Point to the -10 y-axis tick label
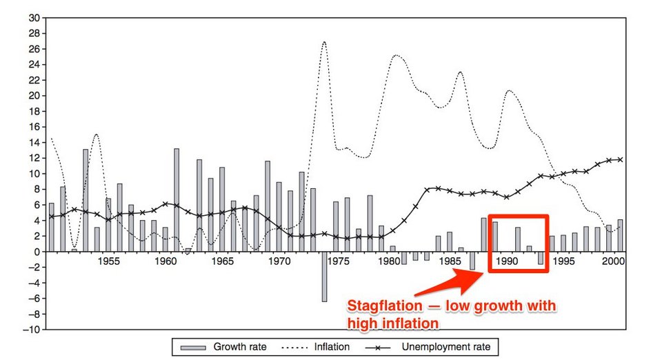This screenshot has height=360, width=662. [x=31, y=330]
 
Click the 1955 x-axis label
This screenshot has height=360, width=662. [x=109, y=262]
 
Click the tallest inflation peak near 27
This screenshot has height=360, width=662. [x=324, y=43]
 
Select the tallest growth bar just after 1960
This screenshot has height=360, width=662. [x=177, y=200]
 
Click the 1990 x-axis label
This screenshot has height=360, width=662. [x=507, y=262]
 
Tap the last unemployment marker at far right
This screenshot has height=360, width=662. [x=620, y=160]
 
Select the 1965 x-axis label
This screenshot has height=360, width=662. [x=223, y=262]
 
